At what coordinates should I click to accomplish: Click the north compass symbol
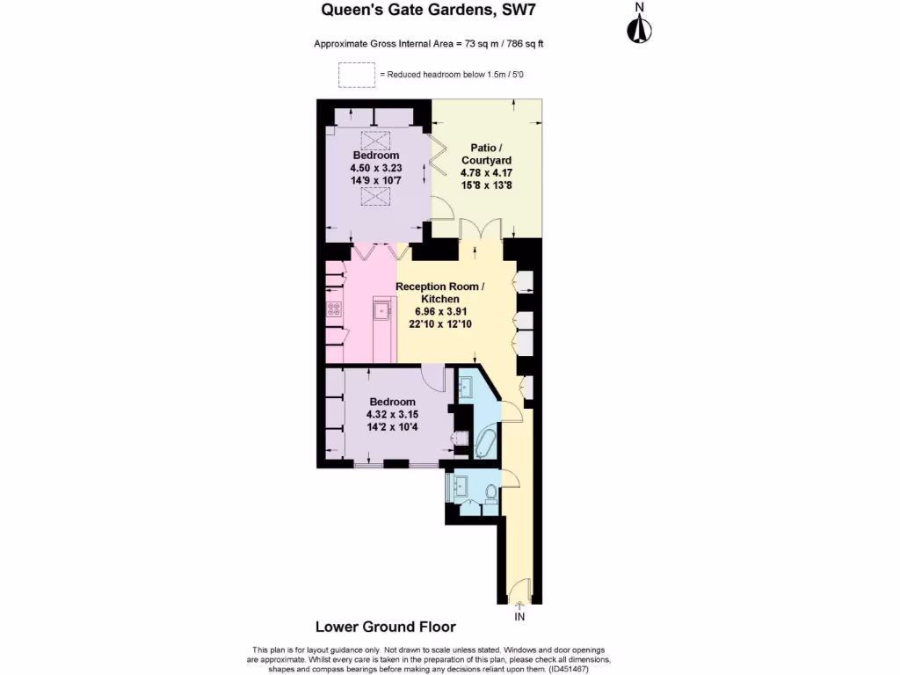639,27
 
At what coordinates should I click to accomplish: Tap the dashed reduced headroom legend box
356,76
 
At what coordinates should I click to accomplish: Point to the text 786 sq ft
527,44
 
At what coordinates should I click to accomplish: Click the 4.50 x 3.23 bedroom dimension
375,168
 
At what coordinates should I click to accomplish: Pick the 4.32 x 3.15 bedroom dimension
392,415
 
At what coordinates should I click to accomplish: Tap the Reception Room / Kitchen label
439,293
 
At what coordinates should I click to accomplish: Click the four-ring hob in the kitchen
334,308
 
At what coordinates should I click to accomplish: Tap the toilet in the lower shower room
490,495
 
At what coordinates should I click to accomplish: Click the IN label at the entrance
519,617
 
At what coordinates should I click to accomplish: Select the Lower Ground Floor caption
385,627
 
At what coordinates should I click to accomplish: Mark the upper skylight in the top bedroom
376,140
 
